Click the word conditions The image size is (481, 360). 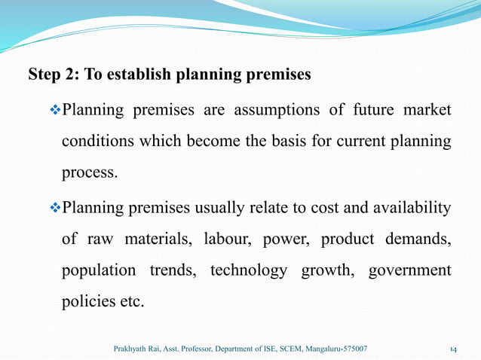click(96, 142)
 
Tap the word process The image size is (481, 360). click(89, 172)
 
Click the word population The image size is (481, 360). click(98, 270)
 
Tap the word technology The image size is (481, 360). click(249, 270)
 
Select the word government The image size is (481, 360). click(409, 270)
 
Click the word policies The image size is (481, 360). click(87, 301)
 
